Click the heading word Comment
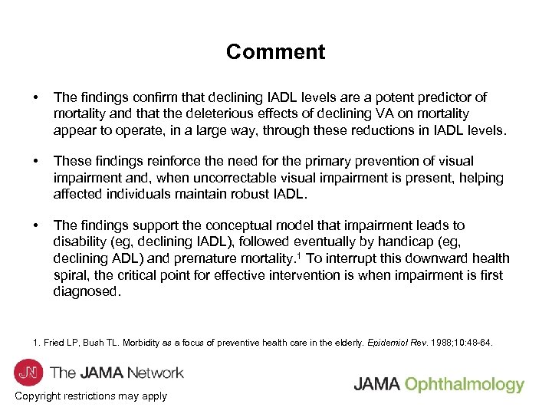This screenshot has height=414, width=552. click(275, 52)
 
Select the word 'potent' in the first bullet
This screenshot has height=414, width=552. click(395, 97)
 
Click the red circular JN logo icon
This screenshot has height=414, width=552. click(28, 373)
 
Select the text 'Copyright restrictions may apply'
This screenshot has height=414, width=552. click(90, 396)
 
